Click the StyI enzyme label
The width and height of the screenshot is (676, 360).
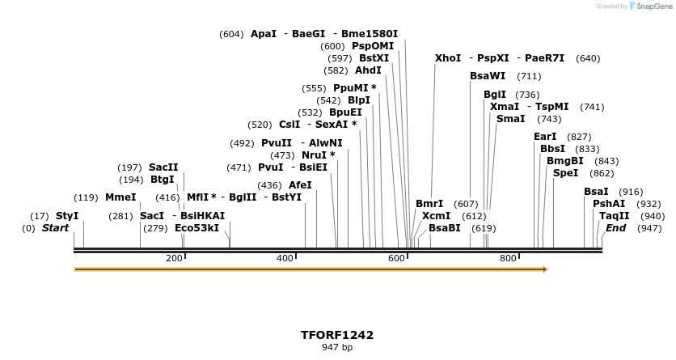click(67, 216)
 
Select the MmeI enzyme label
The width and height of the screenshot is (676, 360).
click(120, 197)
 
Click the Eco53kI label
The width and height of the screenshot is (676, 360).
click(196, 228)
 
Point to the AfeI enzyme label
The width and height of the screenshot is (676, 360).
click(300, 185)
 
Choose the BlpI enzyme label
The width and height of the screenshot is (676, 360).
click(358, 100)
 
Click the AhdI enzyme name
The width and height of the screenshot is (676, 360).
click(368, 70)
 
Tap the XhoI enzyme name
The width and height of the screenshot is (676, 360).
click(447, 58)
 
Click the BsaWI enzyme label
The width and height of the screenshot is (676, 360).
click(488, 76)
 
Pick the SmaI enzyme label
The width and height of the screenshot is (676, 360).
click(510, 119)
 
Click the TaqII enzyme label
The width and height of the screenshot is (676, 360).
click(614, 216)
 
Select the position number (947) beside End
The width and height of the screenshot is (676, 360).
click(649, 228)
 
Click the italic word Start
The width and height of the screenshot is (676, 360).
click(55, 228)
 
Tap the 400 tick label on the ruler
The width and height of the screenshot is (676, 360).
click(285, 258)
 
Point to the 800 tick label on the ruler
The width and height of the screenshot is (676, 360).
click(508, 258)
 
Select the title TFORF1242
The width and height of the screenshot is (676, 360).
click(337, 334)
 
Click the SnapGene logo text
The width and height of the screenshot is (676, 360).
click(656, 6)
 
